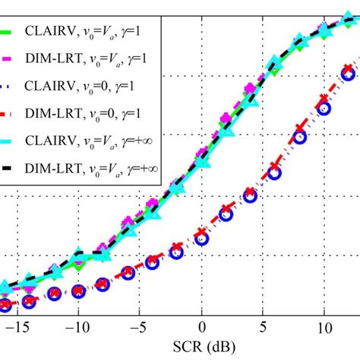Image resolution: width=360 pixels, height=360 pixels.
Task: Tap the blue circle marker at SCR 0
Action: coord(201,240)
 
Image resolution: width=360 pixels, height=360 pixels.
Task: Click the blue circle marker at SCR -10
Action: coord(78,289)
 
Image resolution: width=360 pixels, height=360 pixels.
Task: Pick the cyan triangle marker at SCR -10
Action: coord(78,256)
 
